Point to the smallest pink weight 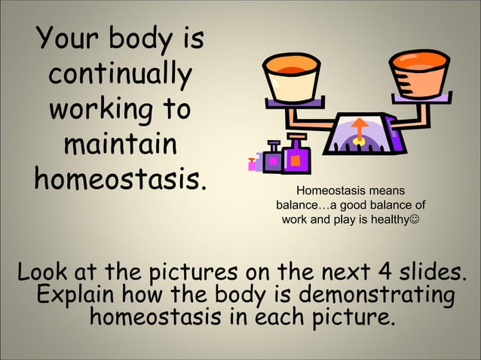[255, 160]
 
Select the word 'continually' [119, 75]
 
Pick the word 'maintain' [120, 145]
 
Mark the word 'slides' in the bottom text [431, 270]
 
